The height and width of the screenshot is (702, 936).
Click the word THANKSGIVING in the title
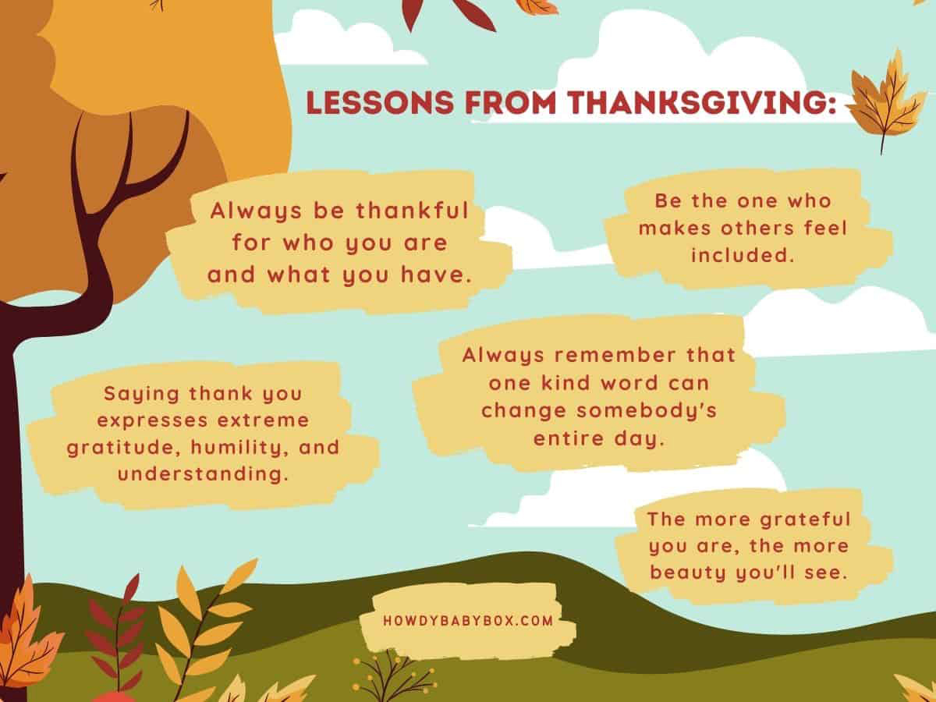point(702,102)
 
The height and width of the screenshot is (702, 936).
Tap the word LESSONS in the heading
point(381,102)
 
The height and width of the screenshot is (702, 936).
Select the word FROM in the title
point(511,102)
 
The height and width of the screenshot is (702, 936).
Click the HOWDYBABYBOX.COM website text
point(468,621)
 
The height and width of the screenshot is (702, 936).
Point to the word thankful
point(413,210)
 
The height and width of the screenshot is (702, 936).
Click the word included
point(743,255)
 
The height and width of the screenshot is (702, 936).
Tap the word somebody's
point(647,410)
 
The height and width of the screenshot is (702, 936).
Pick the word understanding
point(203,474)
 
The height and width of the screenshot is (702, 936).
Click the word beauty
point(688,573)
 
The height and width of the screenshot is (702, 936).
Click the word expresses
point(152,420)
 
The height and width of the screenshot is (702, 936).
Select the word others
point(757,228)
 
